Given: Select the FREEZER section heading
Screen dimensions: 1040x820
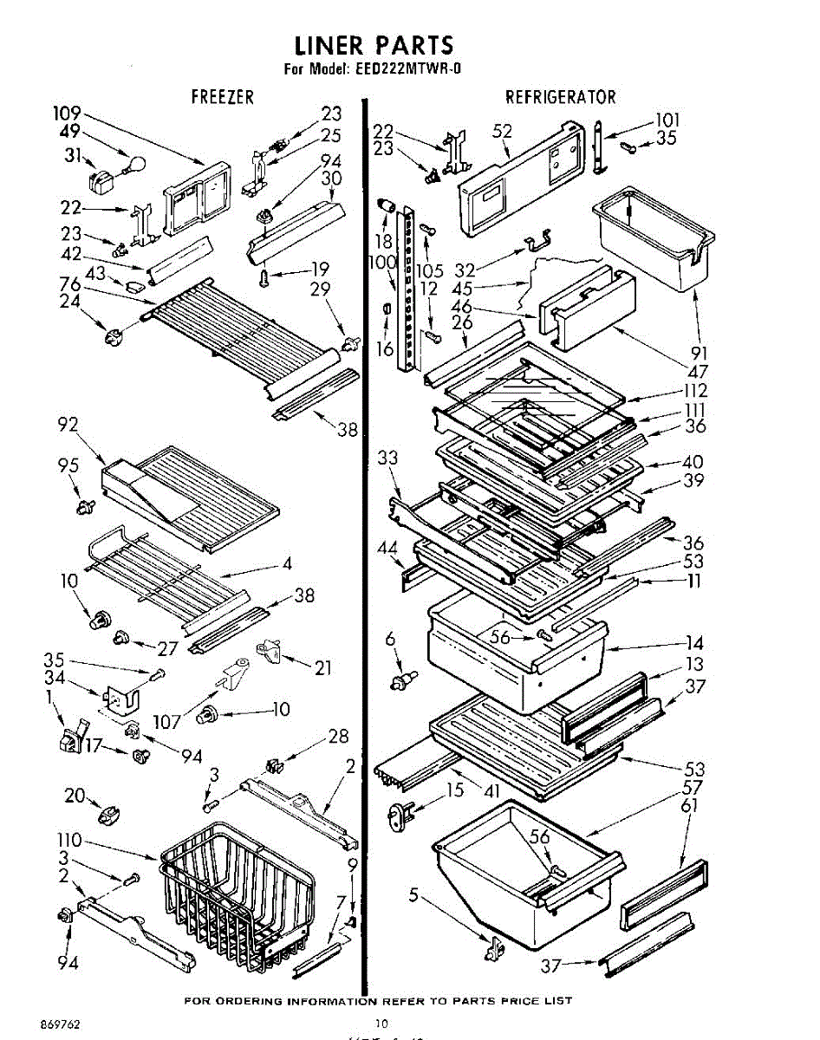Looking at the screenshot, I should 223,97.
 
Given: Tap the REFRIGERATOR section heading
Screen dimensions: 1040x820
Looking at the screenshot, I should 561,97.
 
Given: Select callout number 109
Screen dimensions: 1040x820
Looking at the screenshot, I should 67,114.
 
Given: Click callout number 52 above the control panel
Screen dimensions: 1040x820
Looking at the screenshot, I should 502,131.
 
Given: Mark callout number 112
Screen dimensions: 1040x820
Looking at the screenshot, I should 695,391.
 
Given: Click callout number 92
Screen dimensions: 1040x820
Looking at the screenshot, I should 68,425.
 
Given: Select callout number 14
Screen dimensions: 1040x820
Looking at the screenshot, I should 693,643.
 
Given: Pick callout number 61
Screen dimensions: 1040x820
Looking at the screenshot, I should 690,807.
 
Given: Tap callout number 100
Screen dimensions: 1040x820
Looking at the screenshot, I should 382,262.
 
